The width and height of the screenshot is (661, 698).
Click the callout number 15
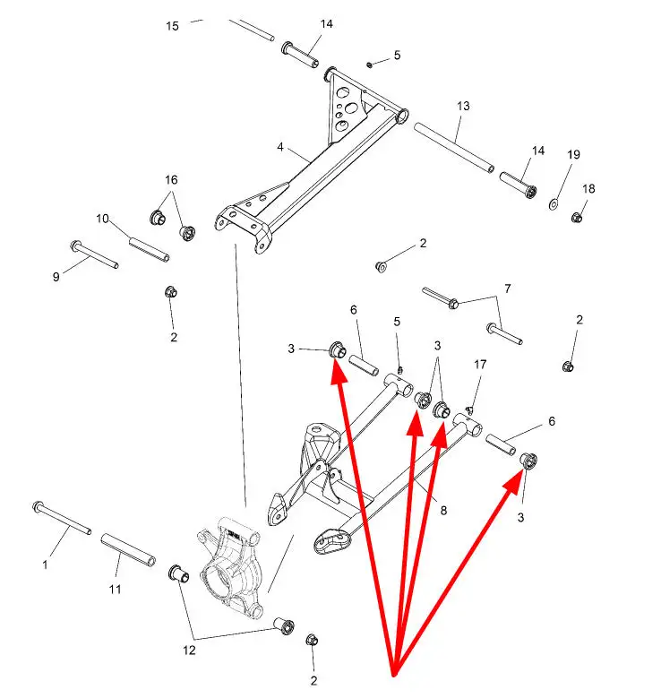tap(172, 26)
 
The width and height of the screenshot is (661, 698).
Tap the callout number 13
tap(463, 106)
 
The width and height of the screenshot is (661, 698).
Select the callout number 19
tap(573, 154)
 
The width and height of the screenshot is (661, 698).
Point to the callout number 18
tap(588, 189)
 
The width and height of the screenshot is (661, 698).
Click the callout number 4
tap(280, 147)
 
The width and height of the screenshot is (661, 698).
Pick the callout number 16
tap(171, 180)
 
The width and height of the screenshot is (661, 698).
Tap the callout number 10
tap(102, 219)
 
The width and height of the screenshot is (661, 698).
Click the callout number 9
tap(56, 277)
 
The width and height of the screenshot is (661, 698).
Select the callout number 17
tap(480, 365)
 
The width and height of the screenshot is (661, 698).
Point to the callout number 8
tap(443, 510)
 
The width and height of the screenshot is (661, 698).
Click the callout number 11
tap(115, 590)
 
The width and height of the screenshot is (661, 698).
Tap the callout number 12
tap(189, 651)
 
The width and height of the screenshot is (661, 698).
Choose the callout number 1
tap(45, 564)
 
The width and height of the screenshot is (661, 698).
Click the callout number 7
tap(508, 289)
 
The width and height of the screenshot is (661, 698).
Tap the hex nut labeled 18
tap(577, 218)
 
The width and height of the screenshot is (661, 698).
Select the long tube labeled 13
tap(454, 148)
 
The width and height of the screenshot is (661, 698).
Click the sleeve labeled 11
tap(128, 550)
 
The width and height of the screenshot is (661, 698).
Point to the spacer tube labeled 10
tap(149, 250)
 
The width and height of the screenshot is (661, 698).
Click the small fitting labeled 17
tap(468, 409)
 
